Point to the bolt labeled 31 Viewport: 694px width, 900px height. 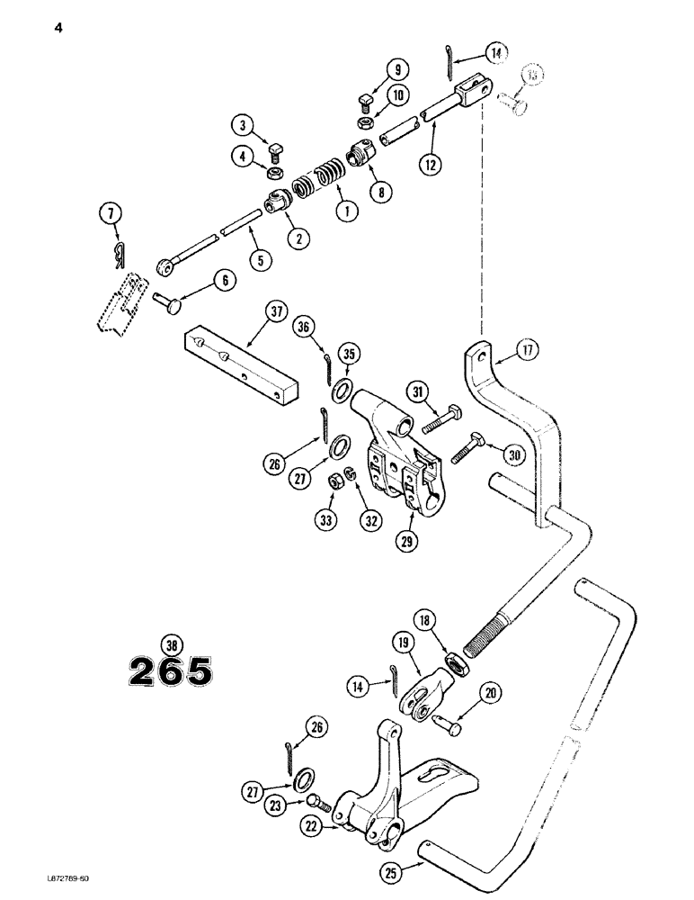pos(438,419)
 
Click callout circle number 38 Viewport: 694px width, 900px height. pos(169,643)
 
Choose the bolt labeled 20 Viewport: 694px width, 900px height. pos(448,723)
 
